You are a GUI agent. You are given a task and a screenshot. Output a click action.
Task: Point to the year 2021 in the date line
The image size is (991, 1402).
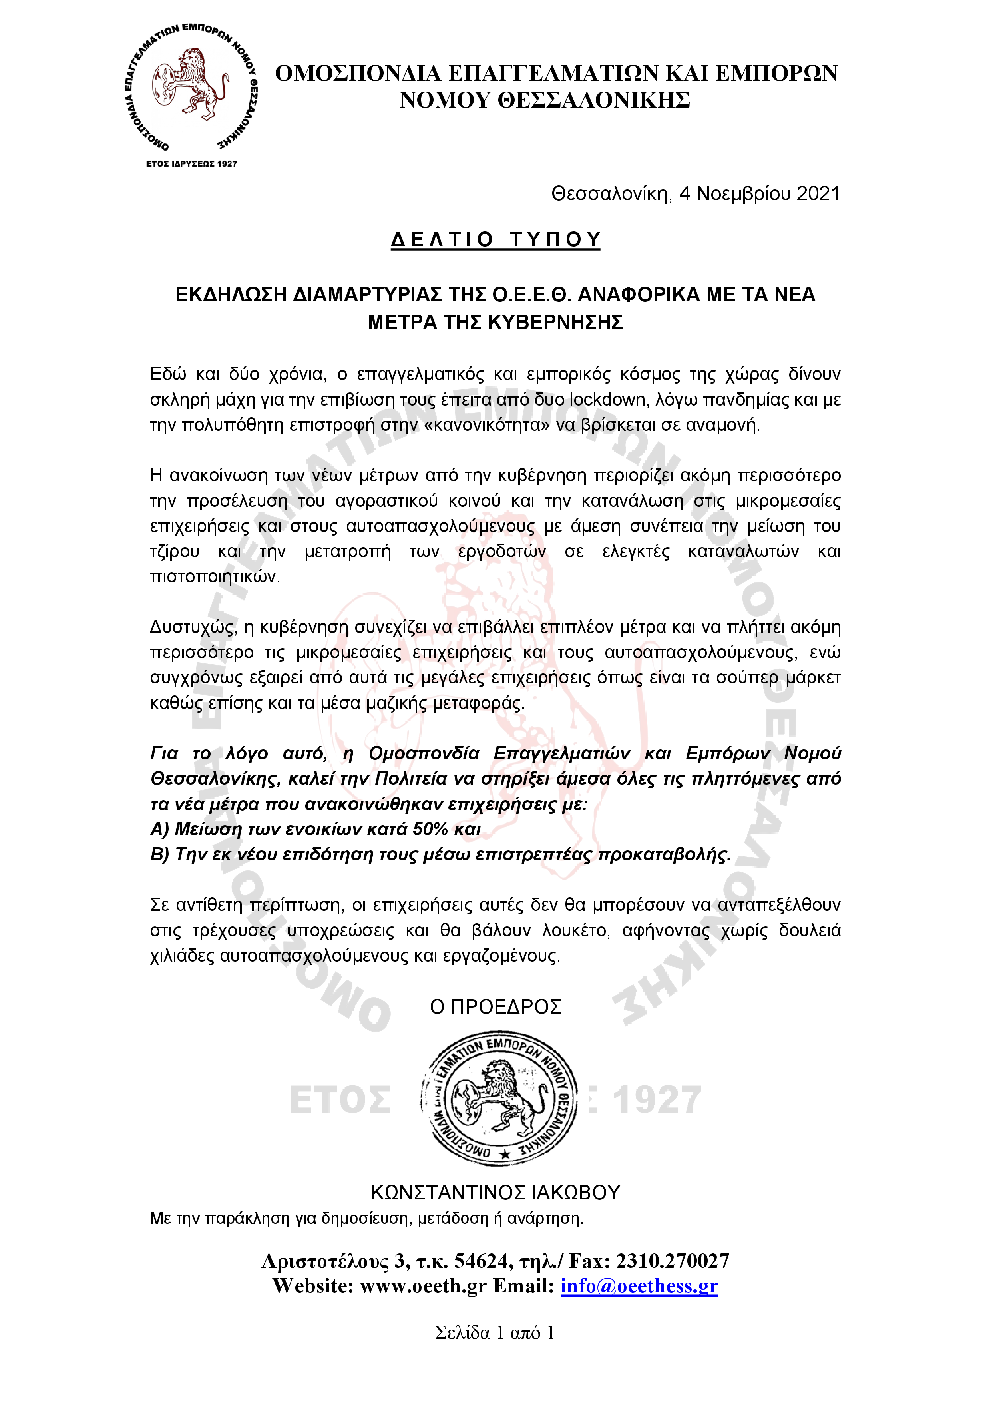(x=818, y=194)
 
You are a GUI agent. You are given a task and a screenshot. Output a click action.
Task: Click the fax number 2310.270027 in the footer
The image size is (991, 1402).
(x=672, y=1261)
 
